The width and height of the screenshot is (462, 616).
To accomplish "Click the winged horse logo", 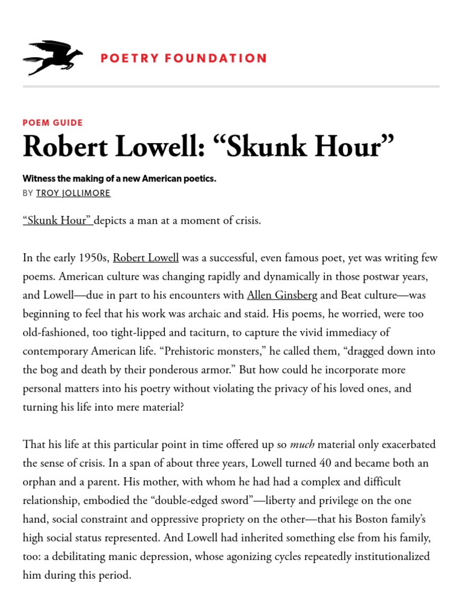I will coord(52,58).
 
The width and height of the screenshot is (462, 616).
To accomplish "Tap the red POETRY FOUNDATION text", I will coord(183,58).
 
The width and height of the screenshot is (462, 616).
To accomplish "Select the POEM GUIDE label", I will coord(53,123).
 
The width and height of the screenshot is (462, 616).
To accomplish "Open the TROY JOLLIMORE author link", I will coord(73,193).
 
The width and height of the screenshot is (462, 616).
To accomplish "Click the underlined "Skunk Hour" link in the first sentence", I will coord(58,220).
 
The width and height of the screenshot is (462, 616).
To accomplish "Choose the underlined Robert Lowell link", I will coord(146,258).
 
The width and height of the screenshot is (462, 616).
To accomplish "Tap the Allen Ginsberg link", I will coord(282,295).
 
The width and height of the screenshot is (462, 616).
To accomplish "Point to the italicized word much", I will coord(302,445).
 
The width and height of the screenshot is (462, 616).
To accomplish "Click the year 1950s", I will coord(93,258).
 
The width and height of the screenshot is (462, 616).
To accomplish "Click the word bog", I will coord(51,370).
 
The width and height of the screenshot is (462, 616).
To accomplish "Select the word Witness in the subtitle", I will coord(40,179).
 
